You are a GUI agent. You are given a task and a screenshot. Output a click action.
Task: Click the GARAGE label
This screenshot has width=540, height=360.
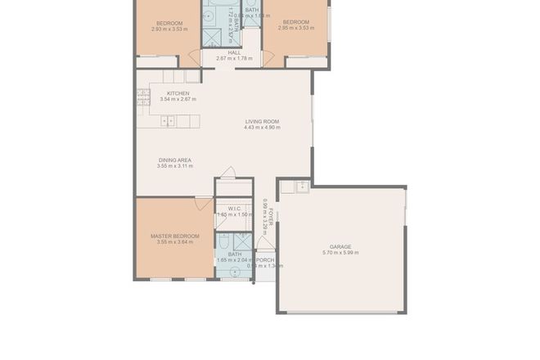click(x=340, y=246)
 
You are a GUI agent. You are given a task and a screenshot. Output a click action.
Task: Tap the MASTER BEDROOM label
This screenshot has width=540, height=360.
click(x=174, y=236)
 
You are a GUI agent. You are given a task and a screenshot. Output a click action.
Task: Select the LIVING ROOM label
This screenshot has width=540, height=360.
click(x=262, y=121)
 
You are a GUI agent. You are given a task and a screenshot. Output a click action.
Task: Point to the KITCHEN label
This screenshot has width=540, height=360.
click(x=178, y=93)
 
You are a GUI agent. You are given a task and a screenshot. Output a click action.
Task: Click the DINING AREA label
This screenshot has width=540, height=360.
click(x=174, y=160)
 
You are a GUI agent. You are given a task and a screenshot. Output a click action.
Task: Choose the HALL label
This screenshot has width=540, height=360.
click(x=234, y=52)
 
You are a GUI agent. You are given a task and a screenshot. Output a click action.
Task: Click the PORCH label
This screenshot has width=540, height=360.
click(x=265, y=260)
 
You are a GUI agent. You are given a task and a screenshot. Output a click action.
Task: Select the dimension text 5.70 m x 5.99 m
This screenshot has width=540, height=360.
click(x=340, y=253)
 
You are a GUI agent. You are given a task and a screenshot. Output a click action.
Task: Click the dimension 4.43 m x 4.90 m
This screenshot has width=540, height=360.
click(x=262, y=128)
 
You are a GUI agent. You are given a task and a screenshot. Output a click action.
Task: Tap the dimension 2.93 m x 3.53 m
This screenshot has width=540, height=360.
click(x=169, y=29)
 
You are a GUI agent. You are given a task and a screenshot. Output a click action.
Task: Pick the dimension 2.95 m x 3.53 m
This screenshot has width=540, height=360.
click(x=296, y=29)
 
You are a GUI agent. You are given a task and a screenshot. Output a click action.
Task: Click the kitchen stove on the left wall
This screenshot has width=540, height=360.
click(x=142, y=98)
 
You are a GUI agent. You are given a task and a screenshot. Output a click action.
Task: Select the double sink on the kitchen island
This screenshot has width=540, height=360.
click(x=168, y=121)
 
